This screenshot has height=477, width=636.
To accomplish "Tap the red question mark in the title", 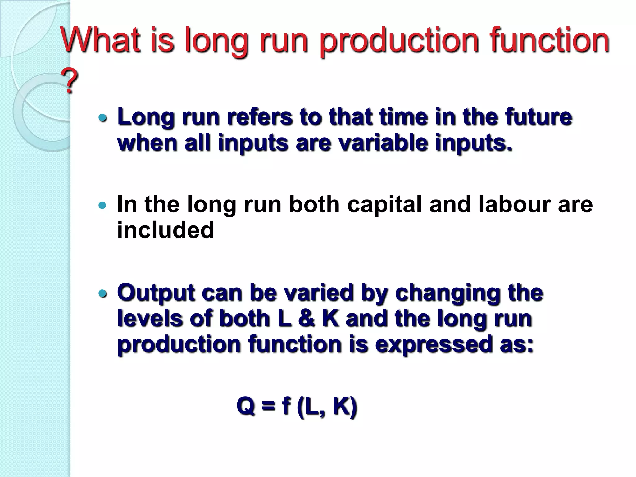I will tap(70, 81).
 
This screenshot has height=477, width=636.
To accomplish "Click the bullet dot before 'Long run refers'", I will tap(102, 118).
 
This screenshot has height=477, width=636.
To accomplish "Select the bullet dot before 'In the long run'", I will tap(102, 205).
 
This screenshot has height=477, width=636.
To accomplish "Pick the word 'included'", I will tap(166, 230).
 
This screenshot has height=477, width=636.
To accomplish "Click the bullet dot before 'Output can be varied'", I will tap(102, 293).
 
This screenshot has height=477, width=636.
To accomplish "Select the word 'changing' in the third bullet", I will tap(447, 293).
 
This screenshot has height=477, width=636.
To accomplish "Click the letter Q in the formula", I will tap(246, 406).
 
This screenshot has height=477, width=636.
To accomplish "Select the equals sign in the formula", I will tap(268, 406).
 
